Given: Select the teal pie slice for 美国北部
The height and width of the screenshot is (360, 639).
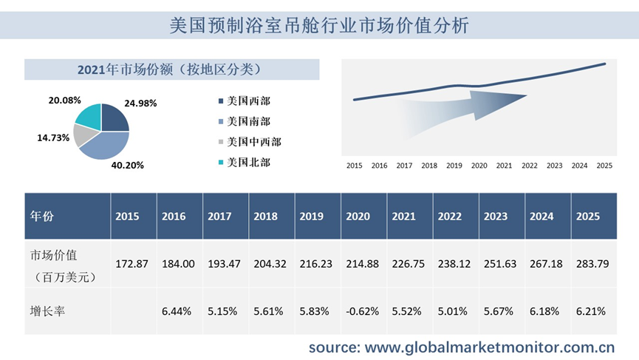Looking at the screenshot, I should point(89,117).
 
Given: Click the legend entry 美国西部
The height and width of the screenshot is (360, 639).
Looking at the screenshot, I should point(248,101).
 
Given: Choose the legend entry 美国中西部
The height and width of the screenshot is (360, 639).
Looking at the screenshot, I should point(253,141).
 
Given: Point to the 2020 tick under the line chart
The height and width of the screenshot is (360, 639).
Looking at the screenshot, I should point(479,166).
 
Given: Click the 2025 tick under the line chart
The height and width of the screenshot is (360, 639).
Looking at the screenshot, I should point(604,166).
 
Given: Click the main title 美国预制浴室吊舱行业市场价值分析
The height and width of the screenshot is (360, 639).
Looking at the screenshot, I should point(318,24).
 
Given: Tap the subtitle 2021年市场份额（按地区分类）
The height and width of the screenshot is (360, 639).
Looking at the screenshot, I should point(171,69).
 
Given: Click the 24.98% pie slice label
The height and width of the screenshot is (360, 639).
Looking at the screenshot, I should point(140,103).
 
